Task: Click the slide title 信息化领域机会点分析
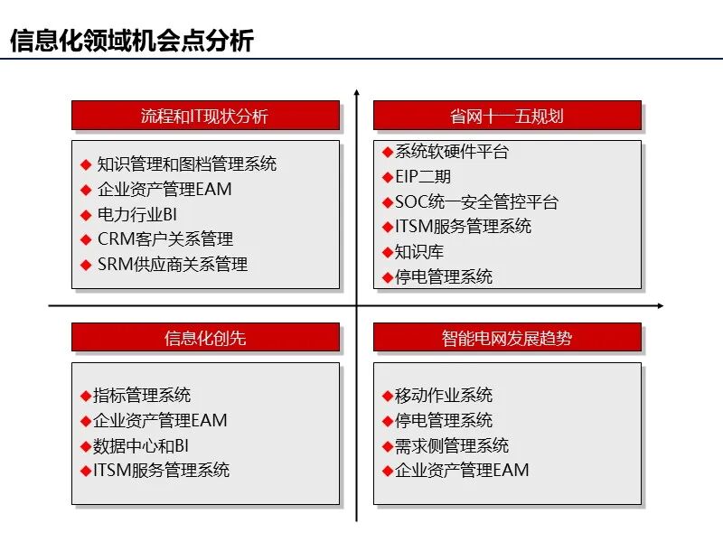pos(131,41)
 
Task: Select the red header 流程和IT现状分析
pos(205,116)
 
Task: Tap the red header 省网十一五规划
pos(507,116)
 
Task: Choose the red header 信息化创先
pos(205,338)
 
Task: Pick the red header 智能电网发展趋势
pos(507,338)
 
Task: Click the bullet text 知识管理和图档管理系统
pos(187,164)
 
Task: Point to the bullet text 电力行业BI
pos(137,214)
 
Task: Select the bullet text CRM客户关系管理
pos(165,239)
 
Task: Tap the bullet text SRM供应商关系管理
pos(173,265)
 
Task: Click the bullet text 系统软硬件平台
pos(452,152)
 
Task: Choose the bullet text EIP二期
pos(423,177)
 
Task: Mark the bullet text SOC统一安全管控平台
pos(477,202)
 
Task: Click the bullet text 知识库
pos(419,252)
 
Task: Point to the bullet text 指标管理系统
pos(142,396)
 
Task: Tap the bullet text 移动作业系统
pos(444,396)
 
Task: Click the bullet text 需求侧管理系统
pos(452,445)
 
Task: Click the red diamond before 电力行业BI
pos(86,215)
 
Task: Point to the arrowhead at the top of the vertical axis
pos(357,93)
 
